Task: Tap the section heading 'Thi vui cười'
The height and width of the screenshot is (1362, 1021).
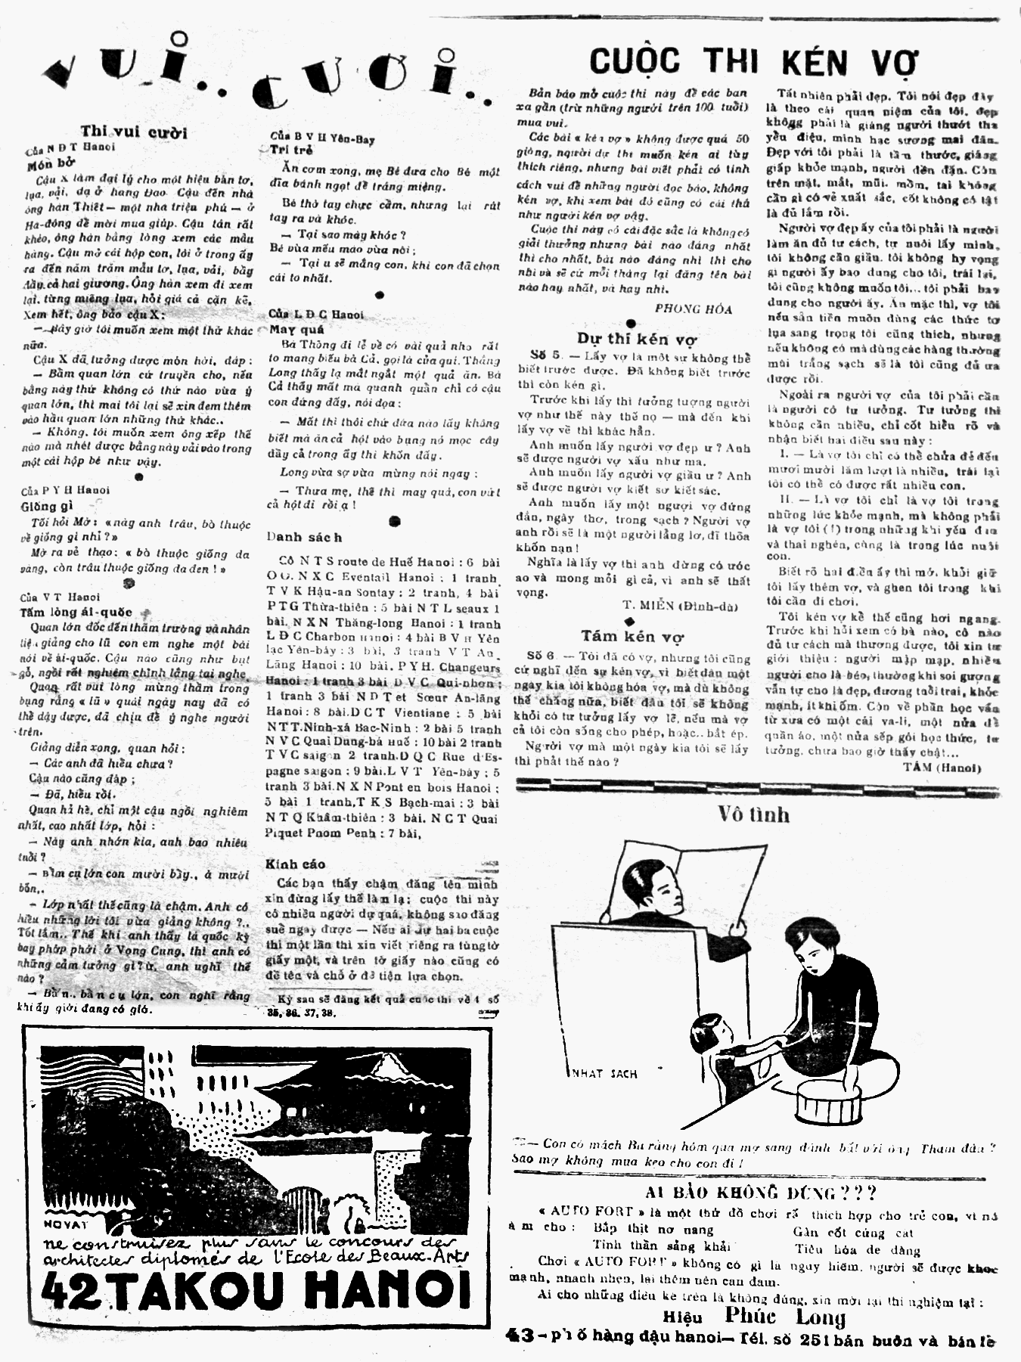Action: pyautogui.click(x=134, y=132)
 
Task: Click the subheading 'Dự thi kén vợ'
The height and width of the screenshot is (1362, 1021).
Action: pyautogui.click(x=636, y=339)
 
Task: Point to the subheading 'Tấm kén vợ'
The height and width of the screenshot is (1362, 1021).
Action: pyautogui.click(x=632, y=636)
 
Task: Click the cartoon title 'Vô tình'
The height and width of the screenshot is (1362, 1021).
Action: pyautogui.click(x=753, y=814)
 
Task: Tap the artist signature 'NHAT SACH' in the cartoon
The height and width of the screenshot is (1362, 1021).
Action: pyautogui.click(x=603, y=1073)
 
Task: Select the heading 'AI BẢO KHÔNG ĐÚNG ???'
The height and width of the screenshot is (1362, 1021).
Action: pyautogui.click(x=760, y=1193)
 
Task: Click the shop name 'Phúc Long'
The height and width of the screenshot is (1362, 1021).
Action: pyautogui.click(x=784, y=1317)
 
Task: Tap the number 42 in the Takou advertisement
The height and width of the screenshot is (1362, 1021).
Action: pyautogui.click(x=70, y=1289)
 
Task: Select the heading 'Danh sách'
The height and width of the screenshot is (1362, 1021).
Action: pyautogui.click(x=303, y=537)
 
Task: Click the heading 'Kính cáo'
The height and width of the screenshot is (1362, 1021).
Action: pyautogui.click(x=295, y=864)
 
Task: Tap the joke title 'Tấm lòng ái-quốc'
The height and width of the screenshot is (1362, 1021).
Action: pyautogui.click(x=76, y=612)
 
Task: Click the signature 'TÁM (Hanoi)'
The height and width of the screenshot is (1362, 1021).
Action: pyautogui.click(x=941, y=768)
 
